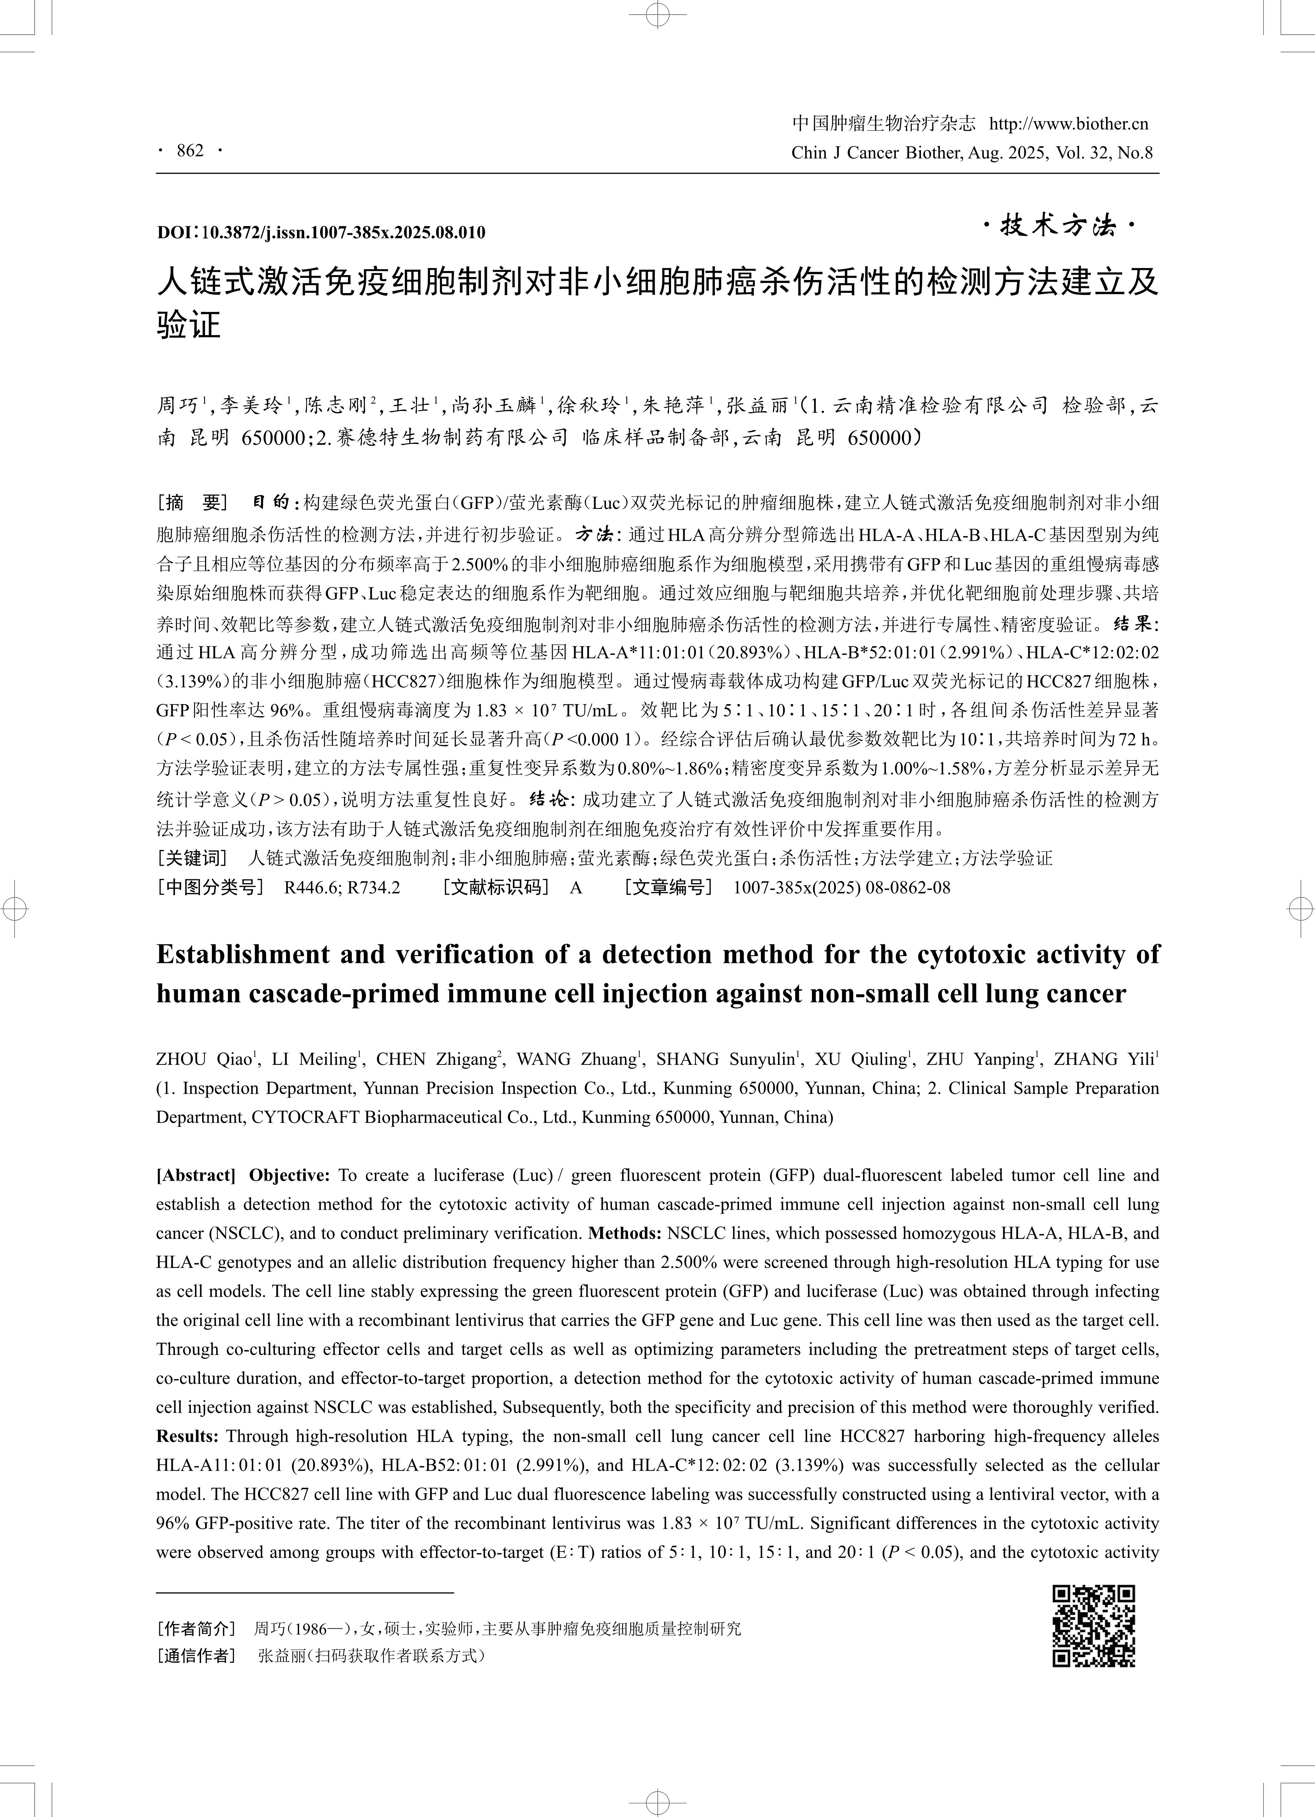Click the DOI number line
320,232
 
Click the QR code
1093,1626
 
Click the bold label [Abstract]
196,1175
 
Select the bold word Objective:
289,1175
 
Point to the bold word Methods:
625,1233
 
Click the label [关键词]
192,858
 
